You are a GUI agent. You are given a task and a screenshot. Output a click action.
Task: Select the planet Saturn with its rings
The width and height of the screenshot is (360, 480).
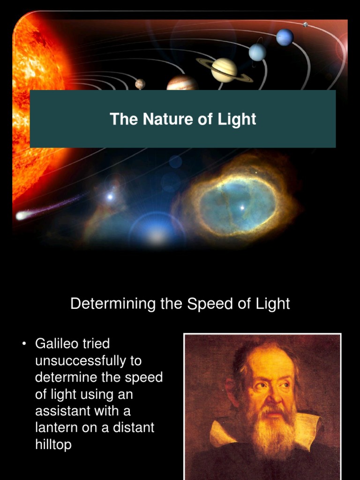(x=224, y=69)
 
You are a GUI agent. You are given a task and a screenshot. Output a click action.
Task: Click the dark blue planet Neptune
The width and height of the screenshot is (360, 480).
(x=285, y=37)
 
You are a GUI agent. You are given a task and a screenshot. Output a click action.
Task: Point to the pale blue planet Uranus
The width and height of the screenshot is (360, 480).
(x=257, y=52)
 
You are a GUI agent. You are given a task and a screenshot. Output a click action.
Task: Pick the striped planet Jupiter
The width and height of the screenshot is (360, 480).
(x=182, y=83)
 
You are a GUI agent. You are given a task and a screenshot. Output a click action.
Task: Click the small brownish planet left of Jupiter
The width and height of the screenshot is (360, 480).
(x=140, y=83)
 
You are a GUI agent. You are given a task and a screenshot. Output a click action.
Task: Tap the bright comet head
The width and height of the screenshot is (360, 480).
(x=22, y=216)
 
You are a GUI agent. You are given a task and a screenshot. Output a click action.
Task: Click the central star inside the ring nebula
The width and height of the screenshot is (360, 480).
(x=242, y=207)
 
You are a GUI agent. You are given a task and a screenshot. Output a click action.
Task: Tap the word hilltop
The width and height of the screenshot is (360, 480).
(x=53, y=444)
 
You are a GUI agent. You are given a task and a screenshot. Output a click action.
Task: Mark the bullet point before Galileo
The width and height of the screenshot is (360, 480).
(x=24, y=345)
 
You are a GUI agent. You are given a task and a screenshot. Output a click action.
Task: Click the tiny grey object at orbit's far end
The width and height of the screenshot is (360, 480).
(x=305, y=24)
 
